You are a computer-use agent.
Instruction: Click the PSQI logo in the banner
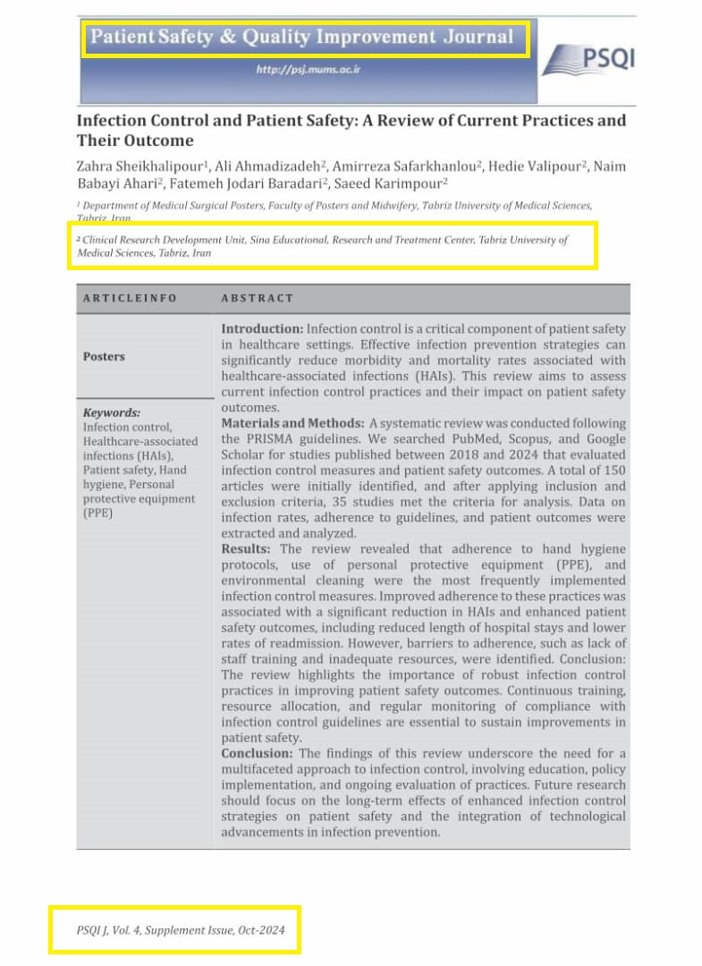coord(588,60)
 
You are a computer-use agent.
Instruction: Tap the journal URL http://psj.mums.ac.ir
coord(309,69)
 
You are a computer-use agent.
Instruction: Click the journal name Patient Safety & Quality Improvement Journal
coord(303,37)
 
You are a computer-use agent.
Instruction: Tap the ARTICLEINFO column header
coord(130,298)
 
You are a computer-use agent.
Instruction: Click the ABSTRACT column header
coord(258,298)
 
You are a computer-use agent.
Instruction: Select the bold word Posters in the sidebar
coord(104,356)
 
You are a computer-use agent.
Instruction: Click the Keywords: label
coord(112,413)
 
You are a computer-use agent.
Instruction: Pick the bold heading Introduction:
coord(262,329)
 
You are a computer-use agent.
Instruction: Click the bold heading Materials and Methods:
coord(292,423)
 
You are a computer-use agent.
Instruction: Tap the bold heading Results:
coord(250,548)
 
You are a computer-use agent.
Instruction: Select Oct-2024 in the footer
coord(261,931)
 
